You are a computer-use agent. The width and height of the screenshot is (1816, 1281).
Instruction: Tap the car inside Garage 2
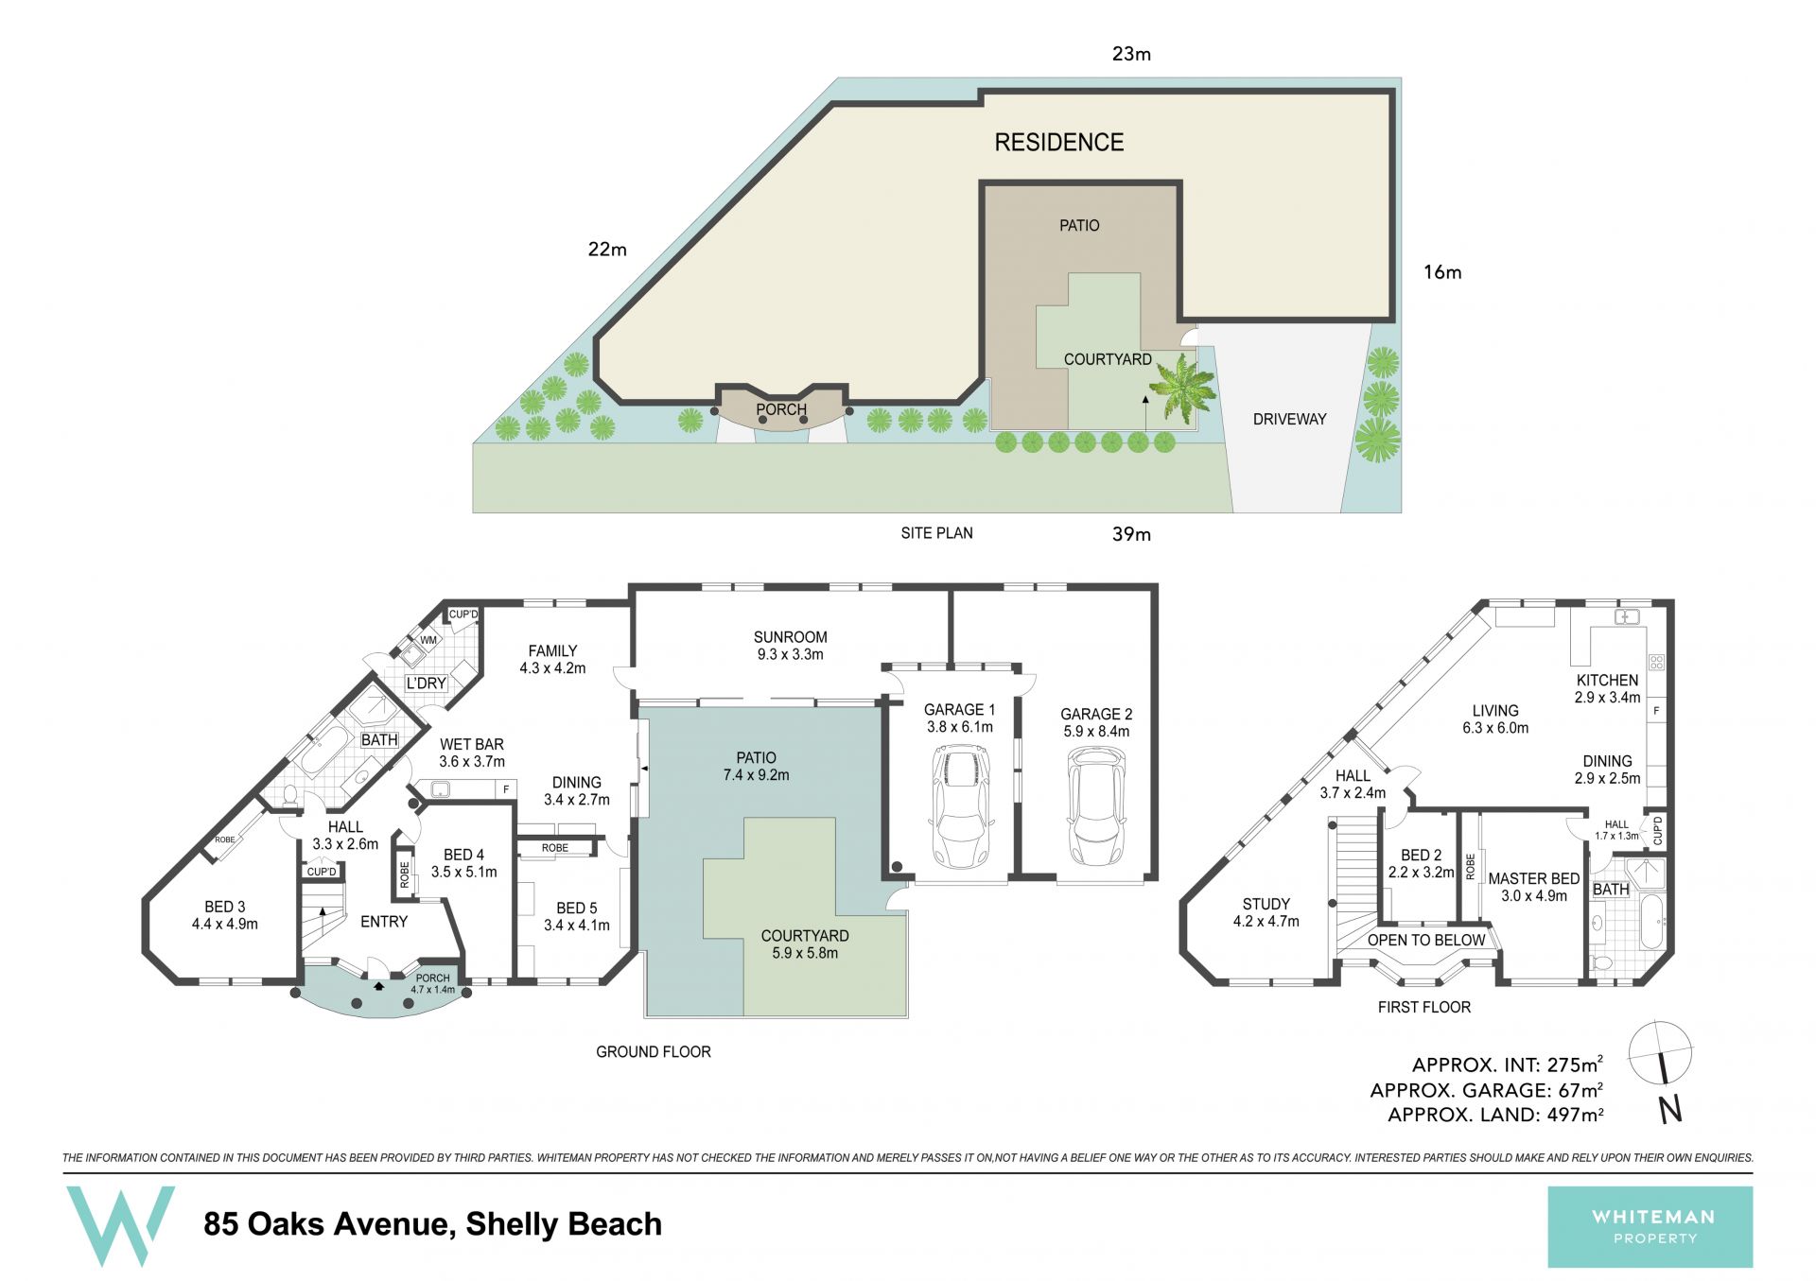tap(1096, 805)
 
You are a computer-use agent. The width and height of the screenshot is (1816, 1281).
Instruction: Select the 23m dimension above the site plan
tap(1131, 54)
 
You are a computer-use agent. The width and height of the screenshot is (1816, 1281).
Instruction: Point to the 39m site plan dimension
tap(1131, 534)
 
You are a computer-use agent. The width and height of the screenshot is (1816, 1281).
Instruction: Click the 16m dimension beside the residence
tap(1442, 272)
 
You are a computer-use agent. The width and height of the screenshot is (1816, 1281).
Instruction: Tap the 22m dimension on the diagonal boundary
tap(607, 250)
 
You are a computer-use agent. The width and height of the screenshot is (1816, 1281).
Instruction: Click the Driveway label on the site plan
tap(1289, 419)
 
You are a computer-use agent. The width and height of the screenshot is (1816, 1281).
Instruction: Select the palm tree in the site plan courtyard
tap(1182, 389)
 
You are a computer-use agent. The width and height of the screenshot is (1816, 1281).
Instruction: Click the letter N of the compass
tap(1670, 1109)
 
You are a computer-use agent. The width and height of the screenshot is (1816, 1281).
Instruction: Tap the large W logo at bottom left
tap(119, 1226)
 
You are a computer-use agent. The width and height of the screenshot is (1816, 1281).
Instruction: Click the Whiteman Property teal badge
tap(1650, 1227)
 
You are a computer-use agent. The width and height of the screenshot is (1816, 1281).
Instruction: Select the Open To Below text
tap(1426, 940)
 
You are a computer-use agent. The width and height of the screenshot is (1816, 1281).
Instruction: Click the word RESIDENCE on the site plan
tap(1059, 143)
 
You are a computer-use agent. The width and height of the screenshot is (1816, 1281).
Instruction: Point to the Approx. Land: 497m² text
tap(1495, 1115)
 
